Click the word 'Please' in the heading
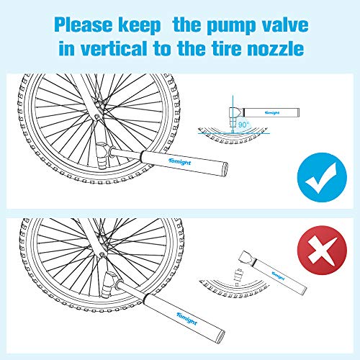84,25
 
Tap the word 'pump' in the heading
230,26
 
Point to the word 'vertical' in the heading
114,48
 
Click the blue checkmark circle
322,177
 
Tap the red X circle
322,250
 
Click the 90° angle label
243,125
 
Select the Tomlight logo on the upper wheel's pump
179,162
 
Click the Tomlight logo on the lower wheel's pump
186,319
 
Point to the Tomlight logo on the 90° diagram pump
273,112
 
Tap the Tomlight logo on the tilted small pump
279,276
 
